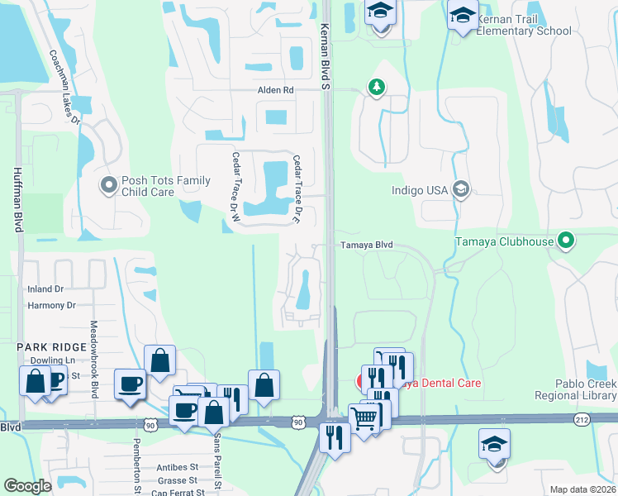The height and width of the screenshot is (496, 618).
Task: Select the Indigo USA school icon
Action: click(461, 190)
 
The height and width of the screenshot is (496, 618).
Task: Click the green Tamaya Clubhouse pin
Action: click(566, 241)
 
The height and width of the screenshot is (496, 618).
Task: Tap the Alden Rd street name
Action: click(276, 90)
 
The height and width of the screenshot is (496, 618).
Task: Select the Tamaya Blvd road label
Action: click(367, 246)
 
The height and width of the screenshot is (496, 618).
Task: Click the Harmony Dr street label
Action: click(51, 305)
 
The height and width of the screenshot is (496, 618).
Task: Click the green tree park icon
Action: click(377, 87)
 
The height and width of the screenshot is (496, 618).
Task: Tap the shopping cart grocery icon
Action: click(364, 417)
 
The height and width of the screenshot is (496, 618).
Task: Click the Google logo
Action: click(28, 485)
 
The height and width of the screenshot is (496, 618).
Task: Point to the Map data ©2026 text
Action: click(582, 489)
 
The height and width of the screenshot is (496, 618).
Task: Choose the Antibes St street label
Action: click(177, 467)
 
